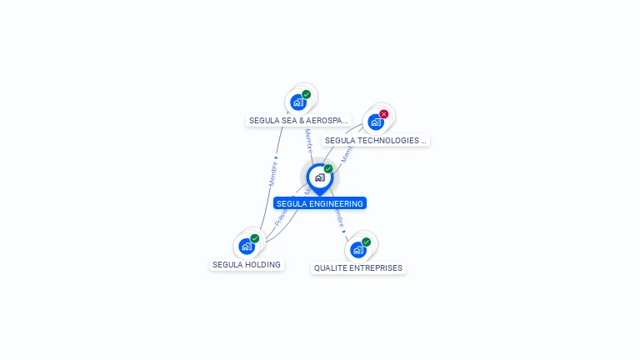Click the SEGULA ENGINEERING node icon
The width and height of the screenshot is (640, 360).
[319, 177]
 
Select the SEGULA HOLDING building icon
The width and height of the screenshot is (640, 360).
[247, 246]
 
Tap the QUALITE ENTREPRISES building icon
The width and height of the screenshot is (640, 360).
[358, 249]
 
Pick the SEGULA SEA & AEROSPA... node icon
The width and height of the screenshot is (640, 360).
[298, 102]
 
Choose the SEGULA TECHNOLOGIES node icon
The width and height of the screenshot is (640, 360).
[376, 122]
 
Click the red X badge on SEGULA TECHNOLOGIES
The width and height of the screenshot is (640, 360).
[384, 114]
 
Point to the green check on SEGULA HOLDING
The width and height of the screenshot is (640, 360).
[255, 238]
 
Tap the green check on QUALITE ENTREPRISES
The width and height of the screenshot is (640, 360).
[367, 242]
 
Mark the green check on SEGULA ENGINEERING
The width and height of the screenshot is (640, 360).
[328, 169]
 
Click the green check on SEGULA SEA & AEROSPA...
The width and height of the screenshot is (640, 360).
[307, 95]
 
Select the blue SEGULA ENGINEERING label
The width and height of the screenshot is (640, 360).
[320, 203]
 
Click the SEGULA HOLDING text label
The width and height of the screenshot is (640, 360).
[247, 265]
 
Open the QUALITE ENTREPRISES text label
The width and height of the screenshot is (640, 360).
[358, 268]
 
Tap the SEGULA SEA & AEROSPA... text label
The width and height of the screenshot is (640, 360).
[298, 121]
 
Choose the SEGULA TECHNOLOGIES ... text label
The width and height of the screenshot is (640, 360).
[376, 141]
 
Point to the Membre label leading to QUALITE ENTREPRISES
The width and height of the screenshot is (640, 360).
[338, 217]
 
